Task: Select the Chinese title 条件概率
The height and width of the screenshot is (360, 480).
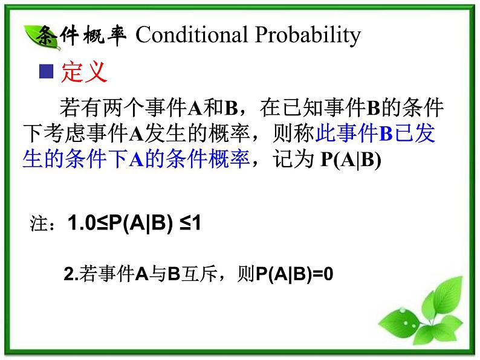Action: pyautogui.click(x=82, y=36)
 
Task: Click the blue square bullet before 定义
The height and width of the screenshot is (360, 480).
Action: pyautogui.click(x=47, y=73)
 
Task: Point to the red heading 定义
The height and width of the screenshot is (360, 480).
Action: pyautogui.click(x=85, y=73)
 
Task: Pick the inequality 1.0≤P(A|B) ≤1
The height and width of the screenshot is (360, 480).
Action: pyautogui.click(x=135, y=224)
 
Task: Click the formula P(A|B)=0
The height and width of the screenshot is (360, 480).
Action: pyautogui.click(x=294, y=275)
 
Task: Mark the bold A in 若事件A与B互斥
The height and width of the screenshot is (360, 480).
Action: pyautogui.click(x=141, y=275)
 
